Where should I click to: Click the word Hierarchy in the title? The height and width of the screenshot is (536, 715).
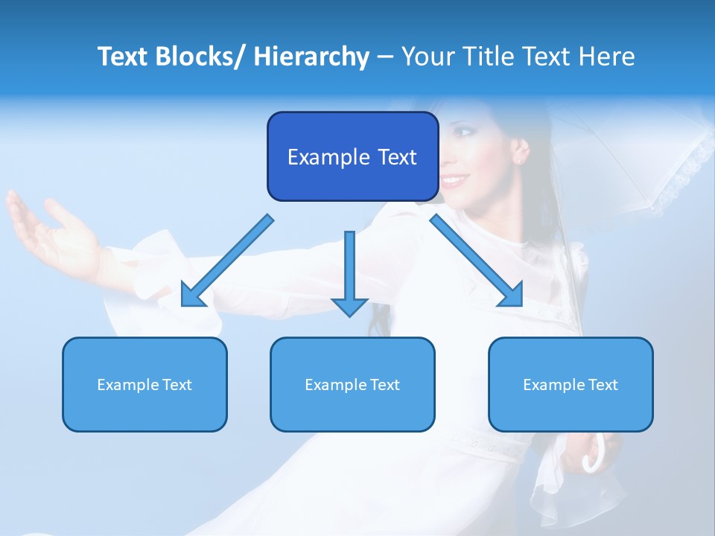311,57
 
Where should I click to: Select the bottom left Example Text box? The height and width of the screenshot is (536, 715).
144,384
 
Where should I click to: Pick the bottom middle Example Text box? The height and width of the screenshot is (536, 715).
352,384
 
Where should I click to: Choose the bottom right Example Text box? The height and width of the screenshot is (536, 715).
571,384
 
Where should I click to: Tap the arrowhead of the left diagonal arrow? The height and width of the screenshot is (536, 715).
192,296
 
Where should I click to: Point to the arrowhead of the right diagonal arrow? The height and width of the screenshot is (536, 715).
511,295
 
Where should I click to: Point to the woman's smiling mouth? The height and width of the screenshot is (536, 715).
456,179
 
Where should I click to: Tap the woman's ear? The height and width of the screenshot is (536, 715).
521,150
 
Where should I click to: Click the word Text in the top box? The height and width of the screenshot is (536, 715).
397,157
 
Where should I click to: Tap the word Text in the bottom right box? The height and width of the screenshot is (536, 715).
604,385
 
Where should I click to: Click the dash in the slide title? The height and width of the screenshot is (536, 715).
385,57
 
